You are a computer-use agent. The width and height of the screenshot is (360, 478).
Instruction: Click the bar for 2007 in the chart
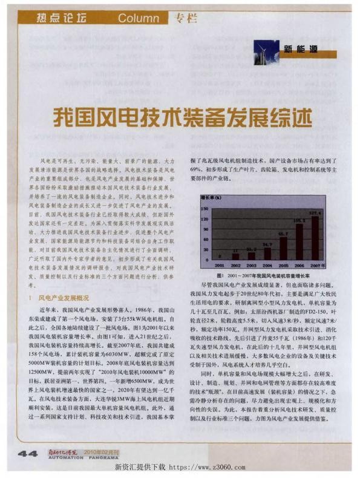point(315,238)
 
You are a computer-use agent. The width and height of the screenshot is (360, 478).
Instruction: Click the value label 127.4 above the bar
point(315,214)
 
